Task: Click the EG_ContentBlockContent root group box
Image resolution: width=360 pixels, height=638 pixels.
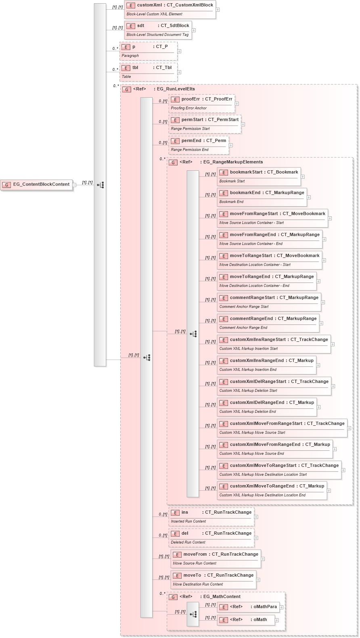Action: [x=37, y=185]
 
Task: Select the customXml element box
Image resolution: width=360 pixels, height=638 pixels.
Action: [x=170, y=9]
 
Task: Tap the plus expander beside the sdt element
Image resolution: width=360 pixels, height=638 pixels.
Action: [x=194, y=30]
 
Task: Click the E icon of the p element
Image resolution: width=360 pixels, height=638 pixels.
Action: [x=126, y=47]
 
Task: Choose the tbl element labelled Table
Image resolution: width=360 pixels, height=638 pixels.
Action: [x=148, y=71]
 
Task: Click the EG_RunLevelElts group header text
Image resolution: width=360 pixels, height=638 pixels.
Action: [x=176, y=89]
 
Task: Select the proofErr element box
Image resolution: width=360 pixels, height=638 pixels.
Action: [x=201, y=103]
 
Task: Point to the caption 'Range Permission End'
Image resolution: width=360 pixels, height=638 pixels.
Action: [x=190, y=150]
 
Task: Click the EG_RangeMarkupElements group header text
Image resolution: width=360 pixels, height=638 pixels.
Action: [x=233, y=162]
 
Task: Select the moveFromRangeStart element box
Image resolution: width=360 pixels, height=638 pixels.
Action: [x=272, y=218]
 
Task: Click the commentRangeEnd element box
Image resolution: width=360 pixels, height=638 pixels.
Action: [x=268, y=322]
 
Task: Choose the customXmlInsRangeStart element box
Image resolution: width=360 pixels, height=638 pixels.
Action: [x=274, y=343]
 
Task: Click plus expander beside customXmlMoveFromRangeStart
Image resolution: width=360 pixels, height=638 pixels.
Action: [x=349, y=428]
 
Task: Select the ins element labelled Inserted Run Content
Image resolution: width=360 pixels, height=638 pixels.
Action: [x=211, y=516]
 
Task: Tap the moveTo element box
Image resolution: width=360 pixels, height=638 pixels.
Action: [x=213, y=579]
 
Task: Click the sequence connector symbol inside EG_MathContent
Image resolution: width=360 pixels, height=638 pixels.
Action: [x=193, y=614]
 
